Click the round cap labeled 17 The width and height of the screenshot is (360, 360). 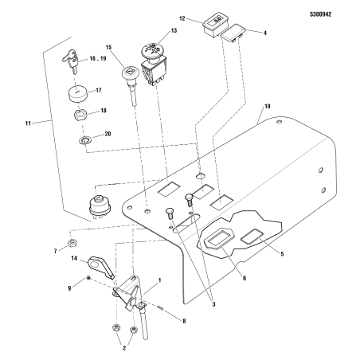click(x=77, y=95)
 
